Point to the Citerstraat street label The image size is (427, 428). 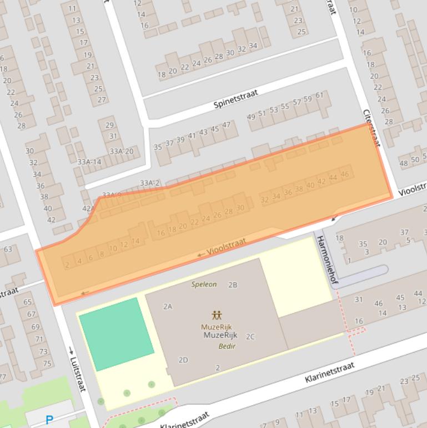(371, 127)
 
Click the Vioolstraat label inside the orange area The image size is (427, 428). (226, 248)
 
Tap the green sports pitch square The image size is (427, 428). (117, 334)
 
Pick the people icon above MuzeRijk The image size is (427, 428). (217, 315)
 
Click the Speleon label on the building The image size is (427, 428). (204, 284)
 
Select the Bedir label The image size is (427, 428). (227, 346)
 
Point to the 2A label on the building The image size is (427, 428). (168, 306)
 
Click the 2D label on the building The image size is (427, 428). (183, 360)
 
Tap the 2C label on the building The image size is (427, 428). (250, 336)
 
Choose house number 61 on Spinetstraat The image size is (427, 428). (319, 95)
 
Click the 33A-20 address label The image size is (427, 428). (121, 151)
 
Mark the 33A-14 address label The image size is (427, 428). (89, 162)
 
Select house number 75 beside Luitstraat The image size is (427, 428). (47, 364)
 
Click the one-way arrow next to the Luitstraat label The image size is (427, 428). (71, 350)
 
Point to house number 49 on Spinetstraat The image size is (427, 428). (251, 117)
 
